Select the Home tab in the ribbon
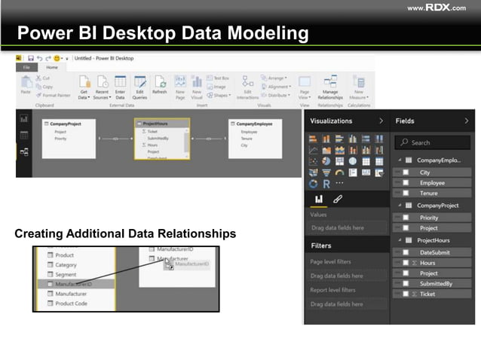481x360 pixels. (x=52, y=68)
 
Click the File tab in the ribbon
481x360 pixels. (x=26, y=68)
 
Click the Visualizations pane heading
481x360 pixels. (x=332, y=121)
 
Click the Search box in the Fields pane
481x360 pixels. (x=433, y=142)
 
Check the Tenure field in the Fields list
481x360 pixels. (x=428, y=194)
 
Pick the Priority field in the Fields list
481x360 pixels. (x=429, y=217)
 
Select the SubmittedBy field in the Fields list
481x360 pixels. (x=437, y=284)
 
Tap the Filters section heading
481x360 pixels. (x=321, y=246)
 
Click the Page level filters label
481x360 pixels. (x=331, y=261)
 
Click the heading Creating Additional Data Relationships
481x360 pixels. (x=125, y=234)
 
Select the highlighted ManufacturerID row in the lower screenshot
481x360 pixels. (x=73, y=285)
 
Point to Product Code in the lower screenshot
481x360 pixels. (x=72, y=304)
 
